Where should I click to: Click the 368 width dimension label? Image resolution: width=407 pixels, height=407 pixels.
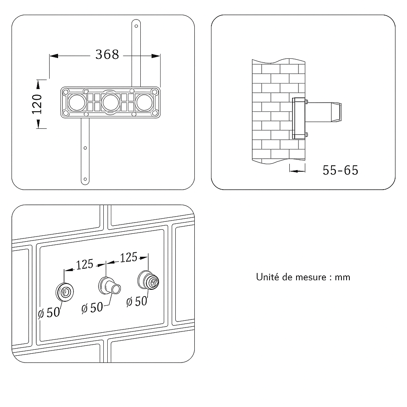point(107,54)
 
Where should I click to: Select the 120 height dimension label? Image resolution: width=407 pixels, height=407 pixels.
point(37,104)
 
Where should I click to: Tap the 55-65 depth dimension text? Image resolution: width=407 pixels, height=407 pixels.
point(340,170)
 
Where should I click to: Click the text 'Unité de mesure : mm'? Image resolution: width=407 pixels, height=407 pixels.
point(303,277)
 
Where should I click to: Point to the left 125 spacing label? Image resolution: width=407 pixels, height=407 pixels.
point(85,264)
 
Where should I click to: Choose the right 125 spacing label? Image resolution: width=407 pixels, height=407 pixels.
point(128,257)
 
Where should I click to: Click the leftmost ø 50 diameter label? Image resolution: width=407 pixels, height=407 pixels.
point(49,312)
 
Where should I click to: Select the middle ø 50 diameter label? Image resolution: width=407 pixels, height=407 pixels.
point(92,308)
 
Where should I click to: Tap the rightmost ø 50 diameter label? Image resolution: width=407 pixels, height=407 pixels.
point(137,302)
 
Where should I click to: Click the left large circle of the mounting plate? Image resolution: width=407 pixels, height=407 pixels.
point(77,103)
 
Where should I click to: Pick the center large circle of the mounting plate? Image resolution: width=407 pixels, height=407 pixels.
point(110,103)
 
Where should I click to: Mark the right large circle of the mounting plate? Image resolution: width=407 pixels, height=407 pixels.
point(144,103)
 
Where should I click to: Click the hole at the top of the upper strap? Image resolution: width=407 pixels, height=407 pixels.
point(136,26)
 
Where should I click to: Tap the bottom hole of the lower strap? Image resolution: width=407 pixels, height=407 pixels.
point(85,179)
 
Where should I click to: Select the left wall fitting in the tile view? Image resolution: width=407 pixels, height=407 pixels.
point(65,292)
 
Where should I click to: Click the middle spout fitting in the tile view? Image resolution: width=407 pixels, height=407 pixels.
point(110,286)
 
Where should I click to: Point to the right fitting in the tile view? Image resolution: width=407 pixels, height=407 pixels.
point(148,280)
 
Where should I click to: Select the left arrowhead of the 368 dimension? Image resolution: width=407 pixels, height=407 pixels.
point(54,56)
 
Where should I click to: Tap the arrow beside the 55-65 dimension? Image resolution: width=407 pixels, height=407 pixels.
point(297,171)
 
